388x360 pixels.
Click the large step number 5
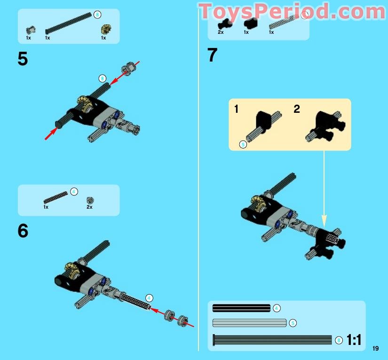[x=23, y=59]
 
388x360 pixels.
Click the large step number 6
[x=23, y=231]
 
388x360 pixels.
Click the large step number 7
[x=213, y=55]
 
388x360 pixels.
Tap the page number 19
[x=375, y=348]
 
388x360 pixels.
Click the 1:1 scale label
[x=354, y=340]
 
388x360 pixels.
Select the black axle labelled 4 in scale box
[x=241, y=308]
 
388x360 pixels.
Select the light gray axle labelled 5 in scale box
[x=249, y=323]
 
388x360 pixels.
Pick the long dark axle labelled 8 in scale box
[x=273, y=339]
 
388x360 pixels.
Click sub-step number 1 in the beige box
[x=237, y=109]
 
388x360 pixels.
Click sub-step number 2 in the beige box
[x=297, y=109]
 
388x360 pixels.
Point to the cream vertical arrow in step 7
[x=324, y=188]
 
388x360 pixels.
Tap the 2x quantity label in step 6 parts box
[x=89, y=207]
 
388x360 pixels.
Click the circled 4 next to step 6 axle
[x=149, y=298]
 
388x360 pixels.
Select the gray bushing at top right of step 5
[x=127, y=70]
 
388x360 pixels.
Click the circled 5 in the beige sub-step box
[x=243, y=144]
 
